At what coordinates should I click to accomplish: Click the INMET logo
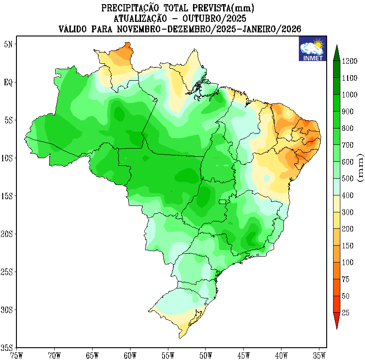click(313, 49)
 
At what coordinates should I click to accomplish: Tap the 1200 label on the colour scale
click(349, 61)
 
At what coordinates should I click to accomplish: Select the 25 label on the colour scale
click(345, 313)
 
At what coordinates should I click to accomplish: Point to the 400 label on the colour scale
click(348, 195)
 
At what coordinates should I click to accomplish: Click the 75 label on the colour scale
click(345, 279)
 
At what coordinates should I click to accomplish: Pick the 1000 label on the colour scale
click(349, 94)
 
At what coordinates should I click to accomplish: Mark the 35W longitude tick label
click(319, 354)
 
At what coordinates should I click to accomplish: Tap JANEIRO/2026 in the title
click(271, 29)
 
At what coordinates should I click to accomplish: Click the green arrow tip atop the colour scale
click(336, 49)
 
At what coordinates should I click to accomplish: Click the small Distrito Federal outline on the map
click(222, 201)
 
